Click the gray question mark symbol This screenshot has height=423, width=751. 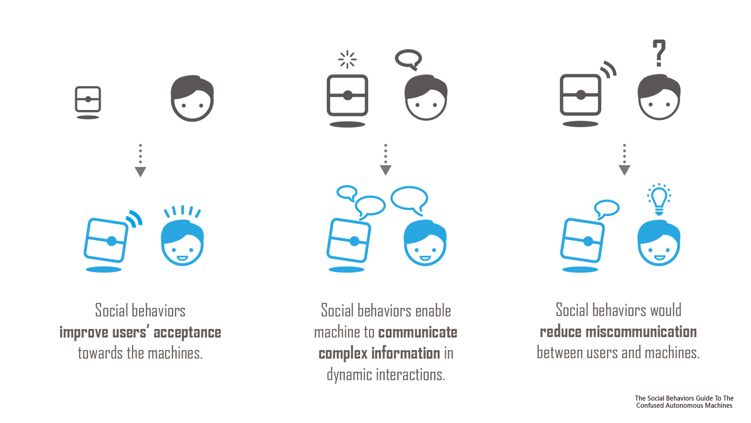(659, 53)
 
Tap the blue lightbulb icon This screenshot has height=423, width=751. (659, 200)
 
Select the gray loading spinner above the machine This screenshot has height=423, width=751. (347, 60)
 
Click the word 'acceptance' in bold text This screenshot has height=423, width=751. (187, 333)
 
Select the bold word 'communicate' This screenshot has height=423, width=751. (418, 332)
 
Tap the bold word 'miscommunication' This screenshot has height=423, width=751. (641, 332)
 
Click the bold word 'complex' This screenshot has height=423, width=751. (343, 354)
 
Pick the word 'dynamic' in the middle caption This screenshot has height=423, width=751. (349, 375)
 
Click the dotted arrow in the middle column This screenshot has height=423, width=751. (385, 160)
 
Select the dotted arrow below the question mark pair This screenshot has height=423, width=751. (624, 160)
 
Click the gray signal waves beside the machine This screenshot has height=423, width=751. (609, 69)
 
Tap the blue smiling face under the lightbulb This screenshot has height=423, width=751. (659, 243)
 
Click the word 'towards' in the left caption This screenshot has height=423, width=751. (101, 353)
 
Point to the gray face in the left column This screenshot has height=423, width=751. (192, 98)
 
